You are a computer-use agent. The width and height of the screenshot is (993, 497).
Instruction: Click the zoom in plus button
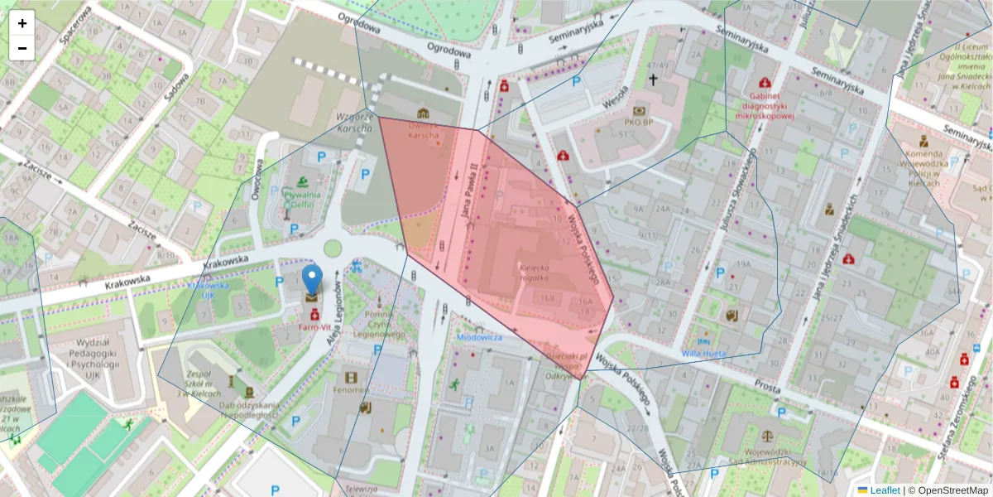pyautogui.click(x=22, y=23)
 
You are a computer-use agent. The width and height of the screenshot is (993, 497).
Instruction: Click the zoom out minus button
pyautogui.click(x=22, y=48)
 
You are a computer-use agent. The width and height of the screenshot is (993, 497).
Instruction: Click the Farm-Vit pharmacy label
pyautogui.click(x=314, y=327)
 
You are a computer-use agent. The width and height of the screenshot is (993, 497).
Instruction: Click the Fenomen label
pyautogui.click(x=351, y=389)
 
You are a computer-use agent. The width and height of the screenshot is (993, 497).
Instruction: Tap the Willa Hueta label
pyautogui.click(x=704, y=353)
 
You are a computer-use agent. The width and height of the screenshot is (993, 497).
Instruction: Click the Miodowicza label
pyautogui.click(x=479, y=337)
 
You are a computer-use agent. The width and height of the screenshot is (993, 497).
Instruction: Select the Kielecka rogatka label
pyautogui.click(x=536, y=273)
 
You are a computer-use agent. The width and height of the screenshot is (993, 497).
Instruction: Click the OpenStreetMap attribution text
pyautogui.click(x=948, y=490)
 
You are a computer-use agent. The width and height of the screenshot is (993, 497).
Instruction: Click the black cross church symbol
pyautogui.click(x=653, y=80)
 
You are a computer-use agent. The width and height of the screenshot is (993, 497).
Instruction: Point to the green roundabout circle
pyautogui.click(x=333, y=248)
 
